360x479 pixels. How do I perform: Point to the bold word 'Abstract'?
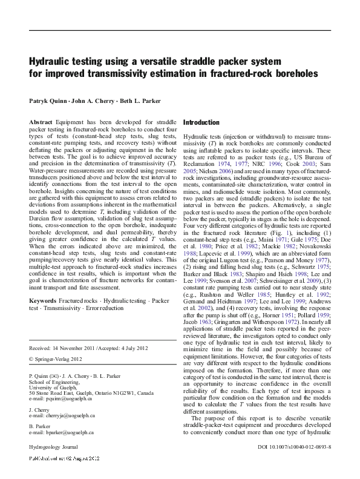pyautogui.click(x=41, y=122)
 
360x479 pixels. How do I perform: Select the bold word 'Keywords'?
pyautogui.click(x=43, y=301)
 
